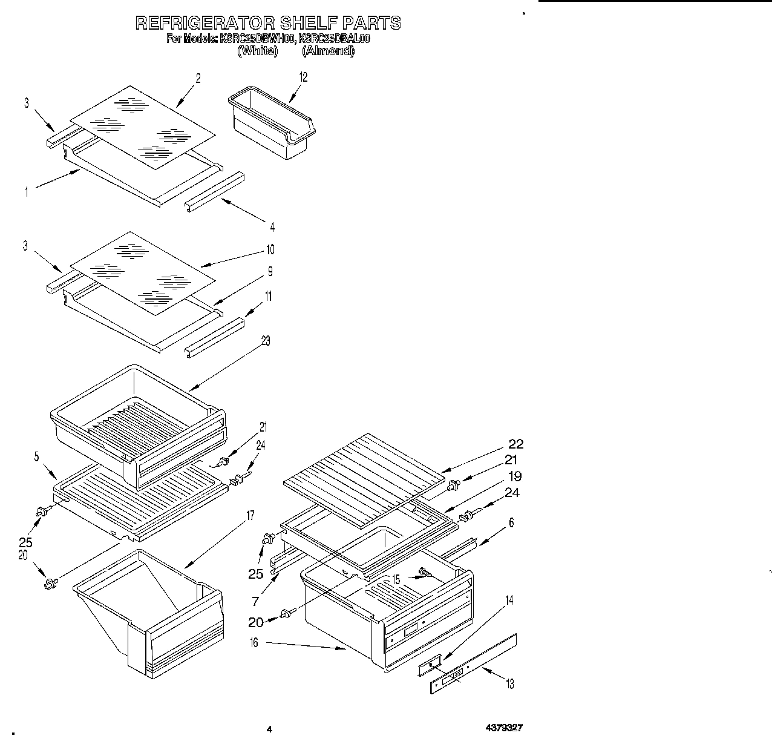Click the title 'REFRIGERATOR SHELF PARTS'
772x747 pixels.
pyautogui.click(x=267, y=24)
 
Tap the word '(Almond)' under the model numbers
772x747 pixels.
pyautogui.click(x=328, y=51)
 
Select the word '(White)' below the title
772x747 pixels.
pyautogui.click(x=257, y=51)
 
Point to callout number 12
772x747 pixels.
pyautogui.click(x=303, y=77)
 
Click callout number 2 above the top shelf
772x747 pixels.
pyautogui.click(x=198, y=77)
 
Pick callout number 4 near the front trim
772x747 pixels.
pyautogui.click(x=272, y=227)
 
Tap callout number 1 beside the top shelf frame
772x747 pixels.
pyautogui.click(x=26, y=192)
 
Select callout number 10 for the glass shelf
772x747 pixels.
pyautogui.click(x=270, y=249)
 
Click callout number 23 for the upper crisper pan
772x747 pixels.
pyautogui.click(x=265, y=341)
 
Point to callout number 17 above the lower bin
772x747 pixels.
pyautogui.click(x=250, y=516)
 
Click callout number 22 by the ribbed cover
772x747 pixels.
pyautogui.click(x=515, y=444)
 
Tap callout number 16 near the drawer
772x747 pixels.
pyautogui.click(x=254, y=643)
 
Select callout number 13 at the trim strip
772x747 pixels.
pyautogui.click(x=509, y=684)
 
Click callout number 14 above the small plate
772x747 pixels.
pyautogui.click(x=509, y=600)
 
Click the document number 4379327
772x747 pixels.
pyautogui.click(x=503, y=728)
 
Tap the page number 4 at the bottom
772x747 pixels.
pyautogui.click(x=270, y=729)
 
